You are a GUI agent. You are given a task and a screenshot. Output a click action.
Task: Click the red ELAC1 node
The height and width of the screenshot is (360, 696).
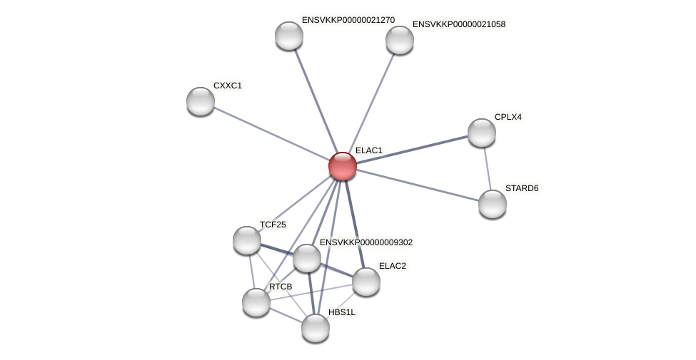coord(343,166)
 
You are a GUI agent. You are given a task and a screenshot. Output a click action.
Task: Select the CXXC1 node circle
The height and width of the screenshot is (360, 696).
coord(201,101)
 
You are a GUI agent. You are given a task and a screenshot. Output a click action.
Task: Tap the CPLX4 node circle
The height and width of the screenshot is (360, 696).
coord(482,133)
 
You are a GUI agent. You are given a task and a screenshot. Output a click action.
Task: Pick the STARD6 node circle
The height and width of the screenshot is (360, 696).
coord(493,204)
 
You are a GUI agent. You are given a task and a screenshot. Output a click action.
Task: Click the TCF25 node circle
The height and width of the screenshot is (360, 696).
coord(247,240)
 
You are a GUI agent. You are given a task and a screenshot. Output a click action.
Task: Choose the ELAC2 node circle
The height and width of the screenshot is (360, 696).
coord(366,282)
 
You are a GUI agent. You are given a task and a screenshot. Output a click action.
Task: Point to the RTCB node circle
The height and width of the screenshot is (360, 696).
coord(256,302)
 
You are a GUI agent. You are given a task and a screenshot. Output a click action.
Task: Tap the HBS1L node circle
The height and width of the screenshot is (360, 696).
coord(316,328)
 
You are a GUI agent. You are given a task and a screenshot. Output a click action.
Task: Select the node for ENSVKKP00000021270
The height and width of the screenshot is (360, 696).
coord(289,36)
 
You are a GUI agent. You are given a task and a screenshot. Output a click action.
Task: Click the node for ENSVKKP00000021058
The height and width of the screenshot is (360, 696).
coord(400,40)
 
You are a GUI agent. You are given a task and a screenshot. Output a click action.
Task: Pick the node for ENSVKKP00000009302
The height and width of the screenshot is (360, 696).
coord(307,258)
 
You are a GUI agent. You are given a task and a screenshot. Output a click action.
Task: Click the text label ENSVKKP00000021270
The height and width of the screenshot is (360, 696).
coord(348,20)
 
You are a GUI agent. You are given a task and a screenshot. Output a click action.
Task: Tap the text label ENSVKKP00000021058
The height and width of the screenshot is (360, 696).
coord(459,24)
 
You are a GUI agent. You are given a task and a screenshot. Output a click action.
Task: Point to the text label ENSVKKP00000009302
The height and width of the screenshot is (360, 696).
coord(366,242)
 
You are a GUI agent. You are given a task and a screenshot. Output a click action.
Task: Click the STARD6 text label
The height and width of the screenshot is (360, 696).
coord(522,188)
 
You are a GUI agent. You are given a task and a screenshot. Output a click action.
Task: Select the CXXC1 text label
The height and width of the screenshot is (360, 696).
coord(228,86)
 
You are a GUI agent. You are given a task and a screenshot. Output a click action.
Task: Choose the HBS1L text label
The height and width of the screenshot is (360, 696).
coord(342,312)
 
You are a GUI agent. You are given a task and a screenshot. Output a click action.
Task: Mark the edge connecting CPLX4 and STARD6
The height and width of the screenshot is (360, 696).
coord(488,168)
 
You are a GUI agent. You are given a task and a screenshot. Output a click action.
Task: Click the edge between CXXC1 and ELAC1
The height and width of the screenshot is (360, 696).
coord(271,133)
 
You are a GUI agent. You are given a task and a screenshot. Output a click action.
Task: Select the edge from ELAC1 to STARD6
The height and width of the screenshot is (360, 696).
coord(418,185)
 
